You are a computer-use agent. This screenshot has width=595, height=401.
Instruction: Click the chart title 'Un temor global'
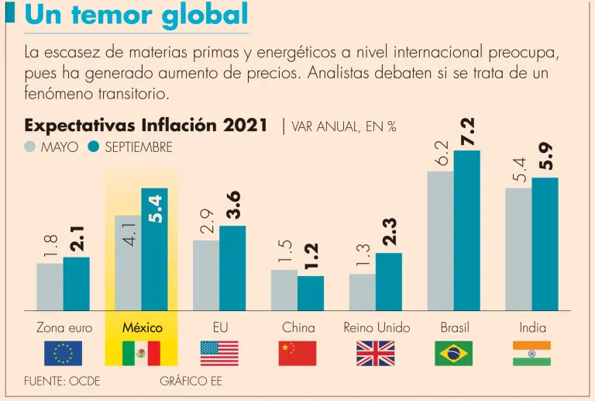(136, 16)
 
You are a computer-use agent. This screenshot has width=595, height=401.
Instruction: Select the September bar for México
(154, 249)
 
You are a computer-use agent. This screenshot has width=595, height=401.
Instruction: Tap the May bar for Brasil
(441, 240)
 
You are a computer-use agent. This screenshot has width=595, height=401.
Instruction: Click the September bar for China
(311, 293)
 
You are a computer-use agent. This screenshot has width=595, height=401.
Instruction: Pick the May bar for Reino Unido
(363, 292)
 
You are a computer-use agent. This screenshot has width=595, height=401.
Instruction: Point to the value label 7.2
(467, 133)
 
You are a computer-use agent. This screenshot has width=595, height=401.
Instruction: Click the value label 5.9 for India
(545, 155)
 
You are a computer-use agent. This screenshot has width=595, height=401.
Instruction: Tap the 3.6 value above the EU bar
(232, 204)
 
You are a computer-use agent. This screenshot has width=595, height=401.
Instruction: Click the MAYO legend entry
(53, 147)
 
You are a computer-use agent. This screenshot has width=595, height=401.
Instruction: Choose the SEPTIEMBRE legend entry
(130, 147)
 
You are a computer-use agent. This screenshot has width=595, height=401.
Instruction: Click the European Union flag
(64, 353)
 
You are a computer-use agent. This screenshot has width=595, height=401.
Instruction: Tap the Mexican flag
(142, 353)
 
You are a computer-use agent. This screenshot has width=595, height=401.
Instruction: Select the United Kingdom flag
(376, 353)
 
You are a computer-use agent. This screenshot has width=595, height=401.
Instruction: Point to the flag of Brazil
(454, 353)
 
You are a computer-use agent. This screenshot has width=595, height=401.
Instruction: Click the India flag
(531, 353)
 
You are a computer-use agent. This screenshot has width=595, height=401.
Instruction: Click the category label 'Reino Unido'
(377, 327)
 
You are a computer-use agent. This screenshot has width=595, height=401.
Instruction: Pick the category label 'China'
(298, 327)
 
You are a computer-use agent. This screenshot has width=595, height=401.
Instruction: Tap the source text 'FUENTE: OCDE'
(62, 381)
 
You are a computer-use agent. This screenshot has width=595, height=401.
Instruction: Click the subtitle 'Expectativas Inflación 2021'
(146, 125)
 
